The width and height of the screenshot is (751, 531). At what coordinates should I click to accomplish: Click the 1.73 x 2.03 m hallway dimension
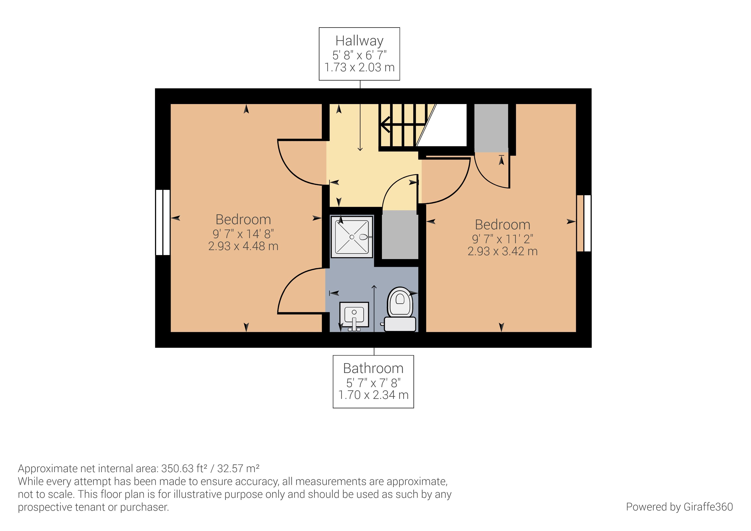[x=359, y=67]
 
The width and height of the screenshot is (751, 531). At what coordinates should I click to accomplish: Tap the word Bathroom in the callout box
[x=373, y=368]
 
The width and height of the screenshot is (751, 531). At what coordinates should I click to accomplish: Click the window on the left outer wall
[x=162, y=222]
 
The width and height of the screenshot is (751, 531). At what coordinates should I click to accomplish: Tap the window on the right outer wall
[x=584, y=223]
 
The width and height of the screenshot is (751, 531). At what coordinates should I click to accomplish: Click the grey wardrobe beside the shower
[x=400, y=235]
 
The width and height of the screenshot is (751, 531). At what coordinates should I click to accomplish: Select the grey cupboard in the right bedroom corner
[x=491, y=128]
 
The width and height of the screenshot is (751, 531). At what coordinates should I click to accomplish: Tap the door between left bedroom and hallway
[x=301, y=162]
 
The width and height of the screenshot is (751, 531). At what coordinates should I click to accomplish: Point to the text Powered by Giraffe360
[x=679, y=507]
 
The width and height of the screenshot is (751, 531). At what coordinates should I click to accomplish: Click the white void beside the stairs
[x=447, y=125]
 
